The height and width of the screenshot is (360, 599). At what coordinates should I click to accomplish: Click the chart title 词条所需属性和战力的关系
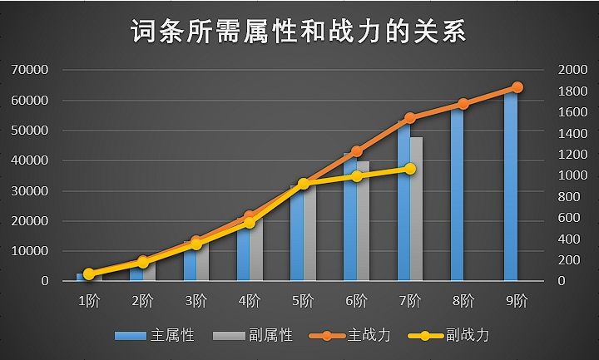point(299,32)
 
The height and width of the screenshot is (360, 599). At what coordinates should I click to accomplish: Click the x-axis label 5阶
point(303,300)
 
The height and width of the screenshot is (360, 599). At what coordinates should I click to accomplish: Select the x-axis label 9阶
point(517,300)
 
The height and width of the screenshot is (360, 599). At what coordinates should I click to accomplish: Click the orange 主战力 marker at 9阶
point(517,87)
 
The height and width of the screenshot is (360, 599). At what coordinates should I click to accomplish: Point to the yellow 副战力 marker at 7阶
point(410,169)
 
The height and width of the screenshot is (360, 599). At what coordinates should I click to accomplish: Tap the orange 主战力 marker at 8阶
point(463,104)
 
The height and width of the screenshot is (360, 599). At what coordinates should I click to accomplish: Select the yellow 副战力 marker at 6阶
point(357,176)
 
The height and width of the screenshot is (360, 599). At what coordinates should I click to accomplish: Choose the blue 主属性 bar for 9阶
point(510,187)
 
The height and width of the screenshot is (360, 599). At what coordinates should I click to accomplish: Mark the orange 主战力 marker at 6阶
point(357,151)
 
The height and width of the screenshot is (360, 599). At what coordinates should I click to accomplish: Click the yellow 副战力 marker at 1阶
point(89,274)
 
